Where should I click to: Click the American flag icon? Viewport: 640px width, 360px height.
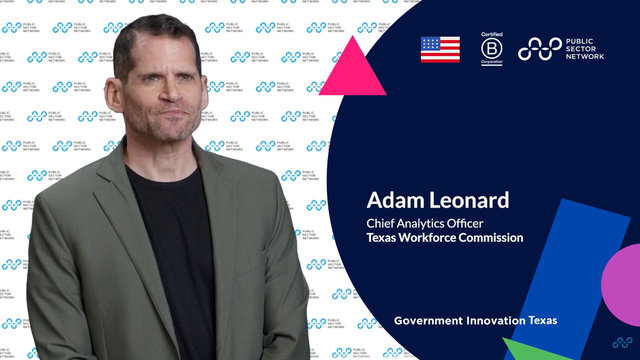coord(440,49)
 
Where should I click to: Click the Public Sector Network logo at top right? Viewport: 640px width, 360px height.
coord(561,48)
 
